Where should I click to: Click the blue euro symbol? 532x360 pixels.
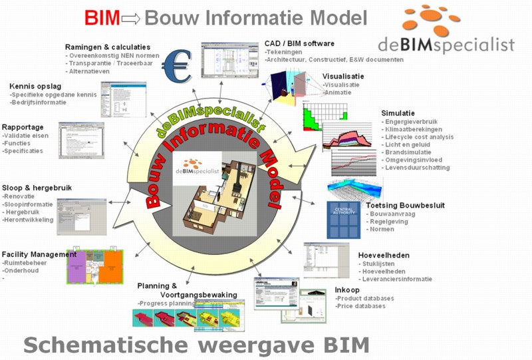coord(178,65)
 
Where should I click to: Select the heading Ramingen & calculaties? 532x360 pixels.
coord(107,47)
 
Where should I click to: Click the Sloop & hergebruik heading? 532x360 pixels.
coord(37,188)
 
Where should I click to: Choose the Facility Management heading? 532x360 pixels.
coord(39,254)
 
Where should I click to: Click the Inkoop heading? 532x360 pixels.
coord(348,289)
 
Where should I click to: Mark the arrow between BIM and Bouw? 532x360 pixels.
coord(130,19)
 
